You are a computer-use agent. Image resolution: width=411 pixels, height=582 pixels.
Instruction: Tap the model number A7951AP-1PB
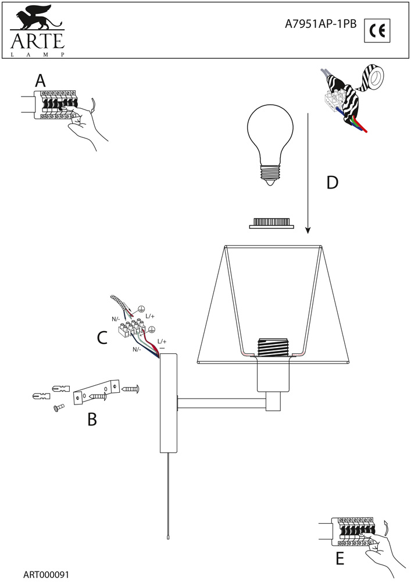pyautogui.click(x=321, y=24)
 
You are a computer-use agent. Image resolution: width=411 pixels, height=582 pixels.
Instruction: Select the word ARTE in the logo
pyautogui.click(x=36, y=41)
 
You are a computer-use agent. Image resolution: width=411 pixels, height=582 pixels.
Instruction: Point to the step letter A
pyautogui.click(x=40, y=80)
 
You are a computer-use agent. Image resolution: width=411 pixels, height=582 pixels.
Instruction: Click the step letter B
pyautogui.click(x=92, y=418)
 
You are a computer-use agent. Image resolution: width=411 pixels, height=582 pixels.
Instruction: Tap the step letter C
pyautogui.click(x=102, y=338)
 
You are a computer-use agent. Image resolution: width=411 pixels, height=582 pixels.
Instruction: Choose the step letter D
pyautogui.click(x=332, y=183)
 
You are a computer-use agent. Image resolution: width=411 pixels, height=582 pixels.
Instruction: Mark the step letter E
pyautogui.click(x=340, y=559)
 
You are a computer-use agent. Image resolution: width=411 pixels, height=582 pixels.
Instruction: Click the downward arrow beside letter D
pyautogui.click(x=307, y=175)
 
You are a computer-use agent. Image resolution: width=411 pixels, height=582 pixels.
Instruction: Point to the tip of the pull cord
pyautogui.click(x=167, y=539)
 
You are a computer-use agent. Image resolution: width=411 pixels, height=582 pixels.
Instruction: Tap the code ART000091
pyautogui.click(x=47, y=574)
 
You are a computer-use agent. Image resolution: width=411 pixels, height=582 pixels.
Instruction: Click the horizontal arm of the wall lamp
pyautogui.click(x=221, y=402)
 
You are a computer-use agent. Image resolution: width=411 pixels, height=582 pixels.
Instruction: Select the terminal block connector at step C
pyautogui.click(x=131, y=328)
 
